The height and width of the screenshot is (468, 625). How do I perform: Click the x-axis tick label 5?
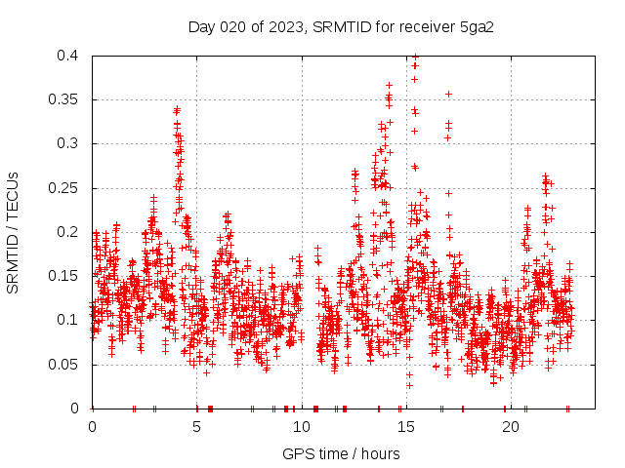pos(197,427)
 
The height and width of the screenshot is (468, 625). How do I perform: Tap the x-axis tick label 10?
pos(302,427)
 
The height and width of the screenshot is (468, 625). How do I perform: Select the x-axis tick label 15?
pos(406,427)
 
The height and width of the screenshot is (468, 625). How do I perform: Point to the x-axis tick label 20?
pos(511,427)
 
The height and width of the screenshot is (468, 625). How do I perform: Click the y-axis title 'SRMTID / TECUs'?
pos(13,232)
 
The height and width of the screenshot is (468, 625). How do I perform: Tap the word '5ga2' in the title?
pos(477,26)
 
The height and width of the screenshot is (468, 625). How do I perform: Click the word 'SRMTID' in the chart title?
pos(338,26)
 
